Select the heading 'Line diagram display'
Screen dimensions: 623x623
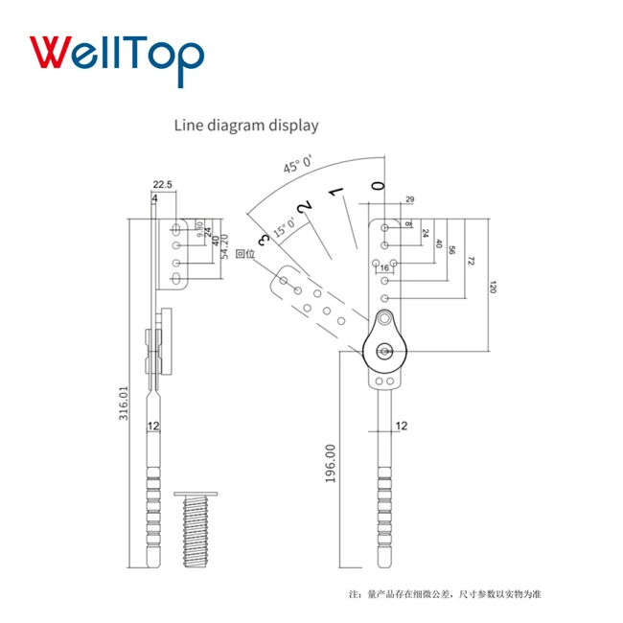pyautogui.click(x=245, y=125)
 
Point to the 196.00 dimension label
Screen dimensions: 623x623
pyautogui.click(x=331, y=463)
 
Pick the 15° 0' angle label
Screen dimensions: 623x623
pyautogui.click(x=285, y=227)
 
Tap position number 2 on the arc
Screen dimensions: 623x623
pyautogui.click(x=304, y=207)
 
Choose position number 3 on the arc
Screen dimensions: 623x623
pyautogui.click(x=264, y=239)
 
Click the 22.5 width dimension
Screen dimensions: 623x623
pyautogui.click(x=161, y=185)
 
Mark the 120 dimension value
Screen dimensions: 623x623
pyautogui.click(x=493, y=288)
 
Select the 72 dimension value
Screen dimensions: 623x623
pyautogui.click(x=472, y=262)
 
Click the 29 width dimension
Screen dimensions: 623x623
pyautogui.click(x=409, y=198)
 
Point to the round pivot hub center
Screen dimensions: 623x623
pyautogui.click(x=386, y=351)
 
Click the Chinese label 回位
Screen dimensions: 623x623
pyautogui.click(x=245, y=254)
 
